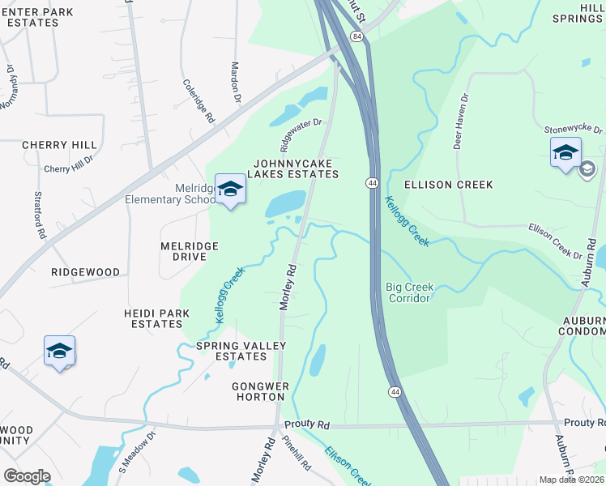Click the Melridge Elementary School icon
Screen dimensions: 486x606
230,190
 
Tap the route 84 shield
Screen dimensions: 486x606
356,36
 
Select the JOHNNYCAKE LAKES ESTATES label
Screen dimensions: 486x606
293,168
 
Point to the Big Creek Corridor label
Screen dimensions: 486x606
410,292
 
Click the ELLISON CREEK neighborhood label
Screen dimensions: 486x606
448,185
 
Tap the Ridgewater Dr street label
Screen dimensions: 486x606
301,135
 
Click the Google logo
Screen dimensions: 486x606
27,476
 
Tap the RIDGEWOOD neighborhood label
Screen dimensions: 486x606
85,272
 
